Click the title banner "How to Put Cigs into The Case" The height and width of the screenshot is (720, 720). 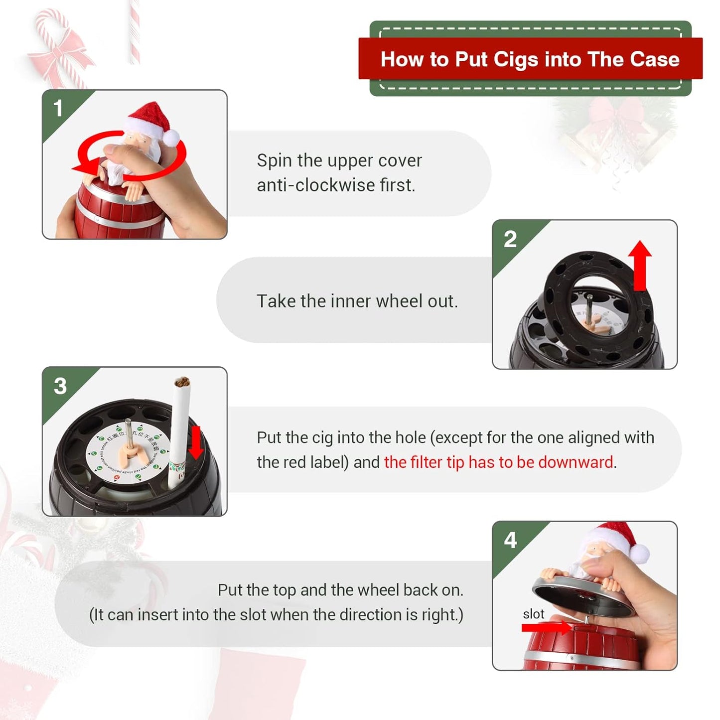pos(530,59)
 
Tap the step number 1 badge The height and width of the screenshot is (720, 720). pos(58,109)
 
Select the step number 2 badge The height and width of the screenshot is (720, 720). pos(510,239)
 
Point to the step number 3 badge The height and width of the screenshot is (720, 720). pos(60,386)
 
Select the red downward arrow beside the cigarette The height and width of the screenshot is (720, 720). pos(196,442)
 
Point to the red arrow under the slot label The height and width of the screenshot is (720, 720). pos(546,628)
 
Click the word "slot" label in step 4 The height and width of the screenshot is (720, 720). pos(533,614)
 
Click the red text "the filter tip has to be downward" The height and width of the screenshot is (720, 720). pos(498,462)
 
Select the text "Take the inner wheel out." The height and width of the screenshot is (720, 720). pos(357,301)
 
